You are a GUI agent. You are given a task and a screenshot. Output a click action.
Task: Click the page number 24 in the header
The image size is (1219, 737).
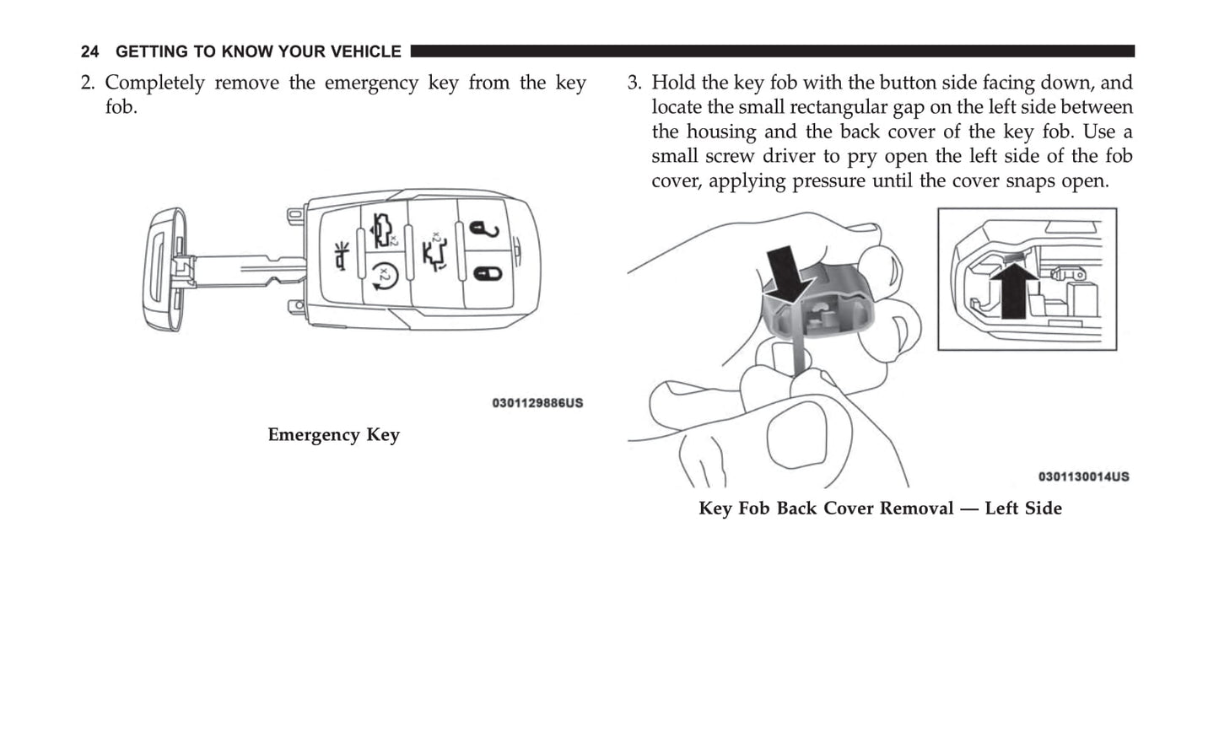tap(89, 52)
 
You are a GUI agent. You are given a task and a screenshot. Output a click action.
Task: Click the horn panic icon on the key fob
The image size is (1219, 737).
tap(343, 256)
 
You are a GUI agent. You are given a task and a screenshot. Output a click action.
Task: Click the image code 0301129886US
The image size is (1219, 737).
tap(537, 403)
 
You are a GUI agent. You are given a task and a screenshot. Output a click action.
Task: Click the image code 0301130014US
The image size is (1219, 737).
tap(1083, 476)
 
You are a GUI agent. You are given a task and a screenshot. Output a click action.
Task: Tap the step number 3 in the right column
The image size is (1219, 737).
tap(634, 83)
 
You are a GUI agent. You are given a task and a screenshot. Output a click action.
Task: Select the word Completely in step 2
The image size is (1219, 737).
tap(154, 83)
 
